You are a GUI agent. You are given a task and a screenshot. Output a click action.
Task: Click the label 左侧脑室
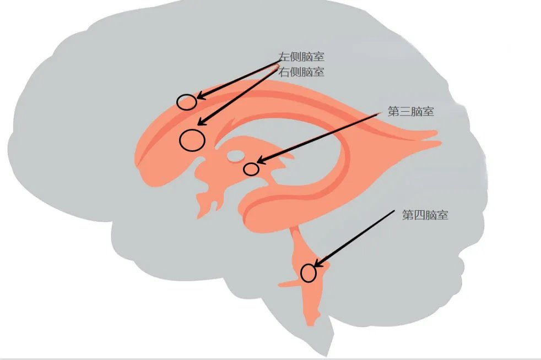[301, 57]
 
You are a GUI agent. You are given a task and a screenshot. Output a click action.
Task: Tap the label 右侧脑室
[301, 72]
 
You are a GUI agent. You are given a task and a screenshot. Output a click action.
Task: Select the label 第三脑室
[410, 111]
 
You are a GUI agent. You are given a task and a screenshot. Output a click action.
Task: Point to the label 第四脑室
[425, 215]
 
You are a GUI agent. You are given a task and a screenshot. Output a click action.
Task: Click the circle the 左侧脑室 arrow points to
[187, 102]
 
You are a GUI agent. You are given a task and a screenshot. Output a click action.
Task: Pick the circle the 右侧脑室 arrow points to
[192, 140]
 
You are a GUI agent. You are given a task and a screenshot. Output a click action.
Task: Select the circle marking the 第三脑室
[251, 169]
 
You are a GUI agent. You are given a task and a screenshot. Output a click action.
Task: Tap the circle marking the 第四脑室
[309, 273]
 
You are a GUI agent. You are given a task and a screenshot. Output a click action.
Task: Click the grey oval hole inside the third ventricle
[235, 156]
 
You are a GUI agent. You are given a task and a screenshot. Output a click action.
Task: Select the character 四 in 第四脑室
[419, 215]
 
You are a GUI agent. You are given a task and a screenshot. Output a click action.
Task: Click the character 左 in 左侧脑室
[284, 57]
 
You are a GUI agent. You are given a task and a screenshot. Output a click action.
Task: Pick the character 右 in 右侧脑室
[284, 72]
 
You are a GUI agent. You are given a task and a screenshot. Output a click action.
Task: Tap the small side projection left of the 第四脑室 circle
[289, 283]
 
